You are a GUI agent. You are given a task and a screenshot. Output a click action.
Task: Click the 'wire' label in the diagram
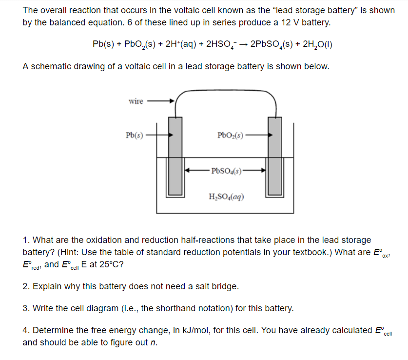coord(136,101)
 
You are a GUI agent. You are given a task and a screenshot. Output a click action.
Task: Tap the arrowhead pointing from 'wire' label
coord(171,101)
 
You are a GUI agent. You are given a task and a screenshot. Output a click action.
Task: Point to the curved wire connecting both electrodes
coord(226,91)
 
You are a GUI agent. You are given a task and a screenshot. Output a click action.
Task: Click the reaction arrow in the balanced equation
coord(242,44)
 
